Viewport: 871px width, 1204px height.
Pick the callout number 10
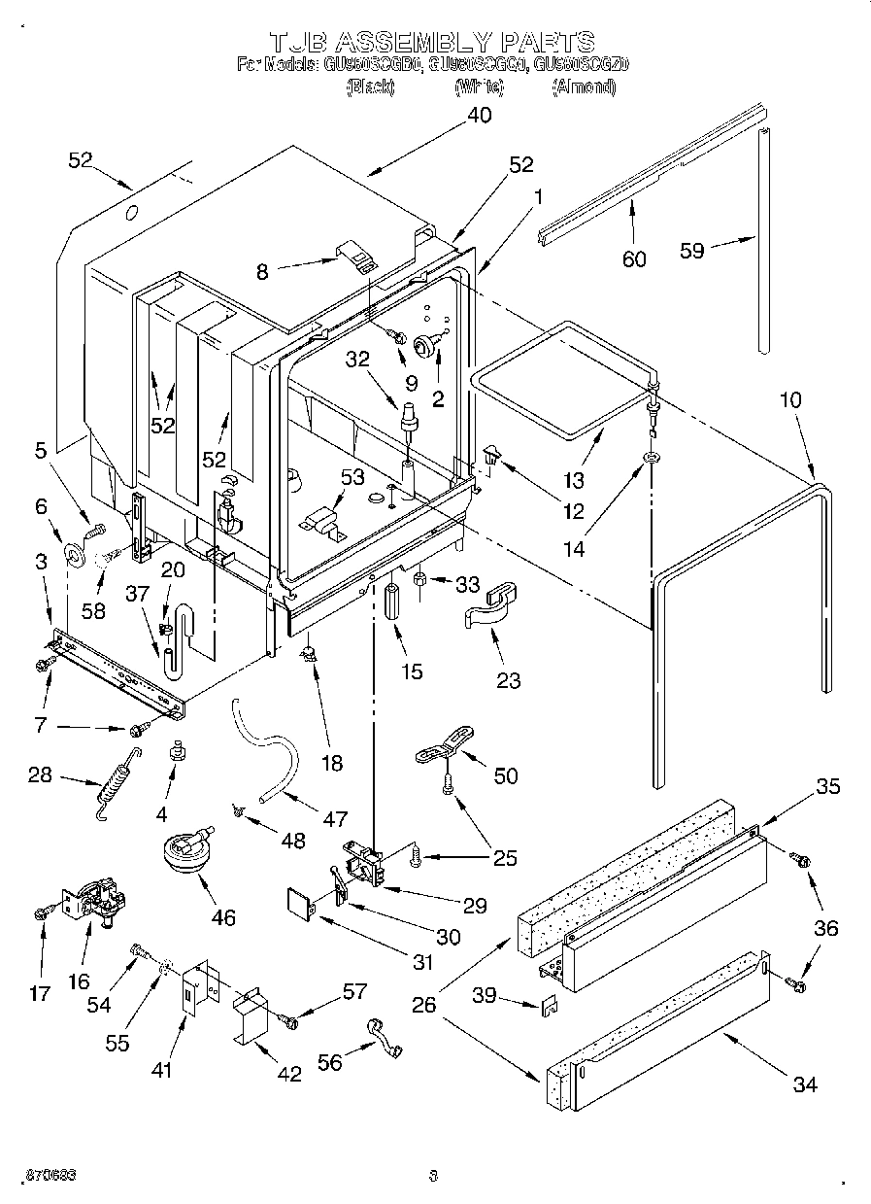(x=789, y=398)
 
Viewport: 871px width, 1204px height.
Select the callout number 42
(x=288, y=1073)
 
